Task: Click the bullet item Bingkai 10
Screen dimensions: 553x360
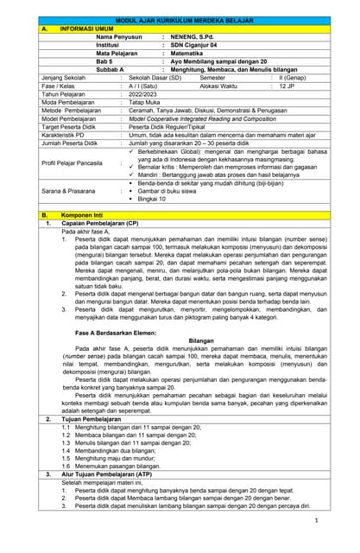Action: [153, 199]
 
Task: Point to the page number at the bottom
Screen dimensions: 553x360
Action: [317, 520]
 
